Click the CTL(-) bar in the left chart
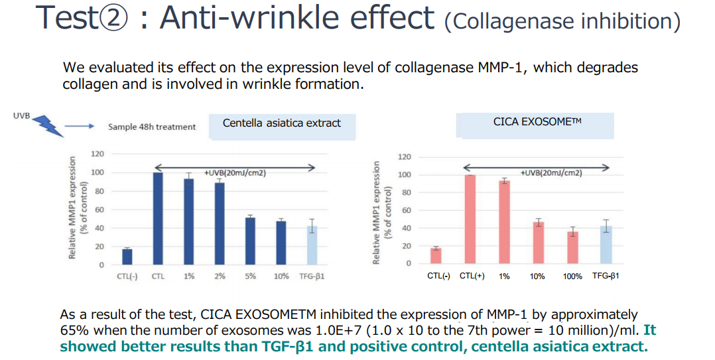(x=127, y=257)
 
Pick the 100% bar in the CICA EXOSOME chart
(x=572, y=247)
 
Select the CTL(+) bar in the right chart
(x=470, y=219)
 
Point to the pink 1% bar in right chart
(x=504, y=222)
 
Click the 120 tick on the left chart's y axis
(x=97, y=154)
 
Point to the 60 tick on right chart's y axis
(x=406, y=210)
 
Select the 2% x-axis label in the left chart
(x=220, y=276)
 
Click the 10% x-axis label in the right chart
(x=537, y=276)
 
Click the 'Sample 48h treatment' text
(x=152, y=127)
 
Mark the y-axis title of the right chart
(x=381, y=212)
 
